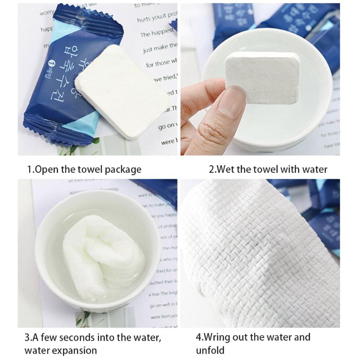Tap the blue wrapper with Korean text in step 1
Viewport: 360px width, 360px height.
63,81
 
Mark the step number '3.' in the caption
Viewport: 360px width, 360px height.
27,337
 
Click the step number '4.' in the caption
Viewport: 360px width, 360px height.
199,337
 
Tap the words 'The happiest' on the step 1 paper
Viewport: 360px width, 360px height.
157,33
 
